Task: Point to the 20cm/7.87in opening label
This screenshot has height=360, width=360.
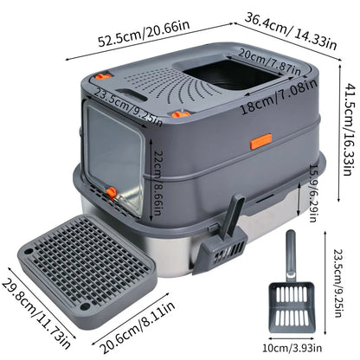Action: point(265,61)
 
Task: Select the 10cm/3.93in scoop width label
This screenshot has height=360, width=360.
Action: point(309,348)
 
